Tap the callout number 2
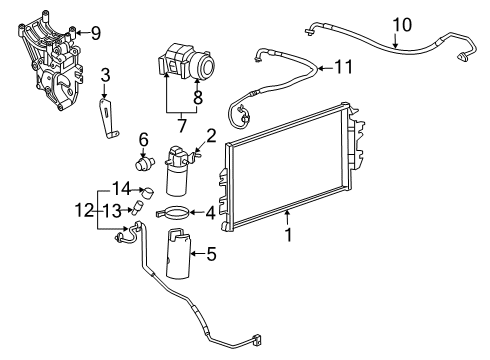pos(211,136)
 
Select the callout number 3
pos(105,75)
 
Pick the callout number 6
pos(143,139)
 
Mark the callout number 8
pos(197,98)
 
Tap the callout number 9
pos(95,32)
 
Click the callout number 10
pos(401,23)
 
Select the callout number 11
pos(343,67)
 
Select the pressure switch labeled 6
pos(145,161)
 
